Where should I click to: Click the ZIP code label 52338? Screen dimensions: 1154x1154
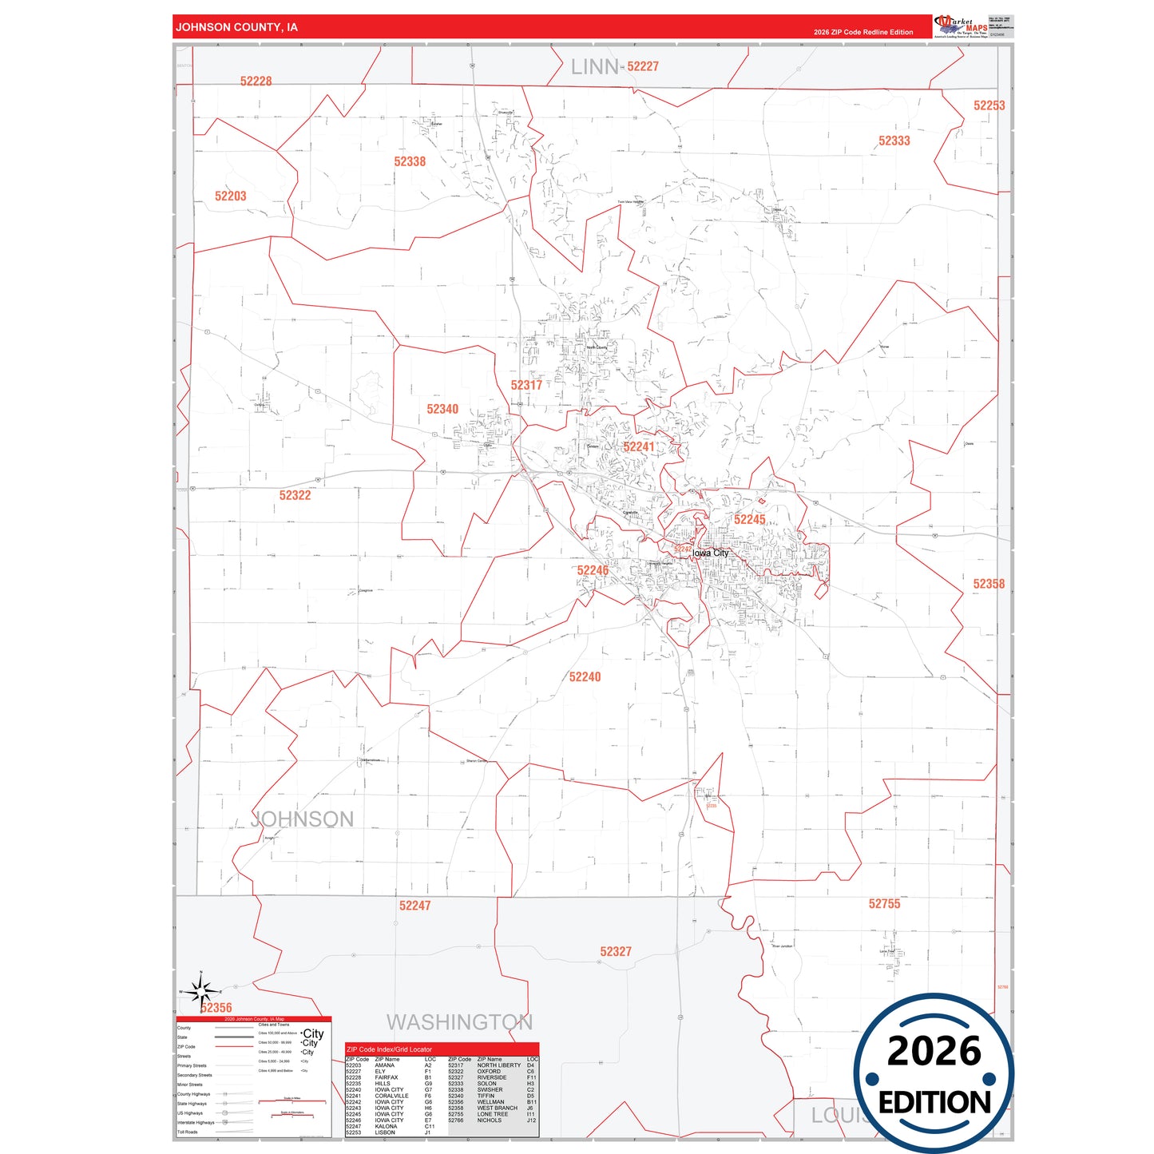(x=410, y=161)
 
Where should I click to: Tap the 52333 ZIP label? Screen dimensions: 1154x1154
(x=894, y=141)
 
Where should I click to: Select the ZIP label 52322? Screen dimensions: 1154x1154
(x=295, y=495)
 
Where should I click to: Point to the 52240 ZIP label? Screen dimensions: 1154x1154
(x=585, y=676)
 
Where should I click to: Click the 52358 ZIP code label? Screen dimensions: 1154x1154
(x=989, y=584)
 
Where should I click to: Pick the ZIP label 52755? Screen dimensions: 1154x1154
(x=884, y=903)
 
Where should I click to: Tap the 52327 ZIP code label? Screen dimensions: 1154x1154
(x=616, y=951)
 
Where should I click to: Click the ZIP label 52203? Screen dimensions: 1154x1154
(x=231, y=196)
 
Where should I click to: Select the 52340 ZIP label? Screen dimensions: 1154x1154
(x=442, y=409)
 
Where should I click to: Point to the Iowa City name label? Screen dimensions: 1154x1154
(x=710, y=553)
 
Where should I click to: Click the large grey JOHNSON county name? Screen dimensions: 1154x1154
(x=302, y=819)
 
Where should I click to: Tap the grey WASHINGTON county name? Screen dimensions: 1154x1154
(x=459, y=1022)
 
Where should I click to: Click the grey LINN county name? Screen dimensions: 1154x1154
(x=595, y=67)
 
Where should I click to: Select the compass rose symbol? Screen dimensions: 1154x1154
(x=201, y=991)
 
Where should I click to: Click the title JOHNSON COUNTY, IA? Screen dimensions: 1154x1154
(x=236, y=27)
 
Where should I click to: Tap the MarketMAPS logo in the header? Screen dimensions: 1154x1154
(x=961, y=26)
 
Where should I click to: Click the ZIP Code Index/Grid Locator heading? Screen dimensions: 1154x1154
(x=389, y=1049)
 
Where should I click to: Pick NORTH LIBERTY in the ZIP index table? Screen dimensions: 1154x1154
(x=498, y=1065)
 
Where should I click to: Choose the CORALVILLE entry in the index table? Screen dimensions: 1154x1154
(x=391, y=1096)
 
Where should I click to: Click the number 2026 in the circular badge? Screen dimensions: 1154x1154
(x=934, y=1051)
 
